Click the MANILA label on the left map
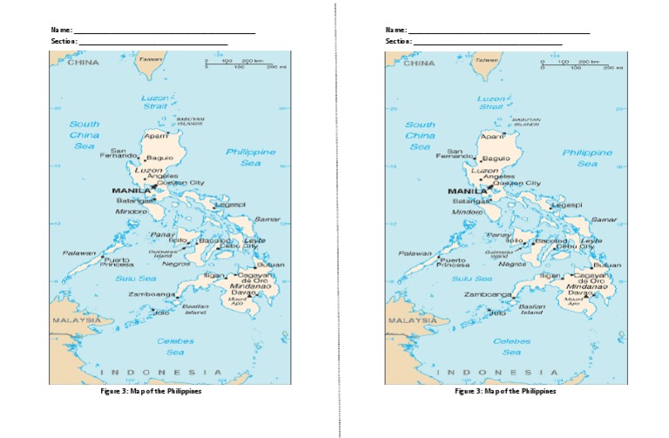coord(130,191)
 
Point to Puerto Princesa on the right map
coord(452,262)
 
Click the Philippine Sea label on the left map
coord(251,158)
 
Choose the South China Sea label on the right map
coord(420,136)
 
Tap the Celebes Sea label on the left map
coord(175,347)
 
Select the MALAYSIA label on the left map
coord(76,320)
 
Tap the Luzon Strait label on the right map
coord(490,103)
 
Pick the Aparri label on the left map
coord(156,136)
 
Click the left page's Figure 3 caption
coord(152,391)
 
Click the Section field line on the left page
coord(153,43)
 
